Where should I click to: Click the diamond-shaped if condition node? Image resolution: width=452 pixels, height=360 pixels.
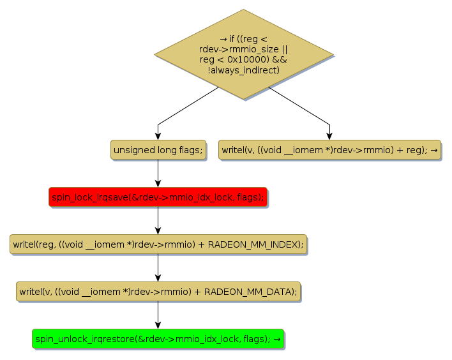243,54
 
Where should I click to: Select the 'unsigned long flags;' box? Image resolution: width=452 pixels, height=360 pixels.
158,150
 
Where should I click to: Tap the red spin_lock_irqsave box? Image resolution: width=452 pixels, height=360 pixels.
158,197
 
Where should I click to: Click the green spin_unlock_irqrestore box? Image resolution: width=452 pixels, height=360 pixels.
158,339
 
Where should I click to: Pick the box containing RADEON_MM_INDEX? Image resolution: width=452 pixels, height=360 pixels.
158,244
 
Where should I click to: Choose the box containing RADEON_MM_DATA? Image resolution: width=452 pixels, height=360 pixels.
158,292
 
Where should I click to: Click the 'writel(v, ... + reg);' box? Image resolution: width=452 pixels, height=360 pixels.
329,150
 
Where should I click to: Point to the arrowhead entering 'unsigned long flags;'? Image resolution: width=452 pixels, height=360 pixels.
158,136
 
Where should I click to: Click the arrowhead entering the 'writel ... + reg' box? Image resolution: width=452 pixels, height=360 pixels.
329,136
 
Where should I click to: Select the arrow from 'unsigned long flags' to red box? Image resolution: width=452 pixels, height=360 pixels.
158,174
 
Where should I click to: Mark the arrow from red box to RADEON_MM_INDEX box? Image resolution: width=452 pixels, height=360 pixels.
158,221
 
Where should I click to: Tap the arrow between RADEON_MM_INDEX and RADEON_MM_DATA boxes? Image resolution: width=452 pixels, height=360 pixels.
158,268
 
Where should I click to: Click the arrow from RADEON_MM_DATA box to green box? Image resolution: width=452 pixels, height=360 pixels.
158,315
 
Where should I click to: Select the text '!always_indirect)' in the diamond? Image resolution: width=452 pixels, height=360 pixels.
243,70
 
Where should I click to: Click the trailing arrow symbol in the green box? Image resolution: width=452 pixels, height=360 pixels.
277,339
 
